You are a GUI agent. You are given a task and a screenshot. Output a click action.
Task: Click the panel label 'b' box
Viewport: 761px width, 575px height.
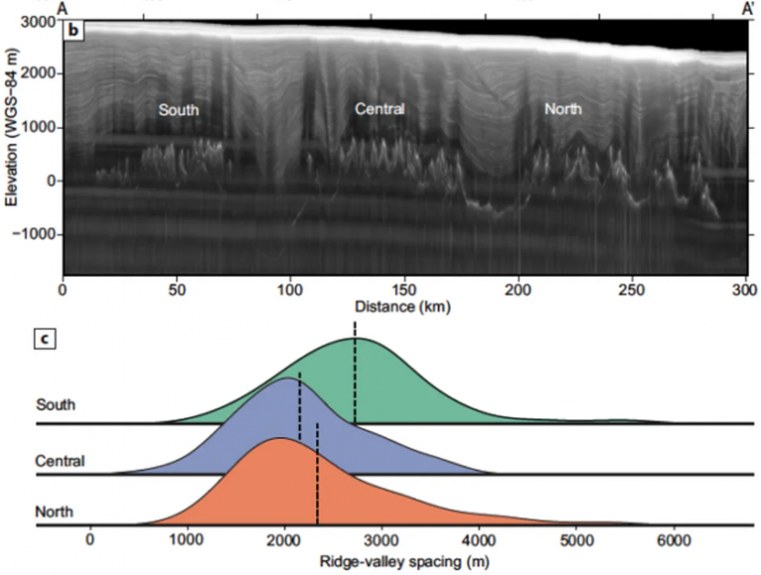click(x=72, y=30)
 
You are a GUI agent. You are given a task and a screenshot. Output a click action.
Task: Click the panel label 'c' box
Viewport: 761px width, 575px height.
click(x=45, y=339)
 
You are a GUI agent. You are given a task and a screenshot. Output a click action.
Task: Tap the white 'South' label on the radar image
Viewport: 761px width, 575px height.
click(x=178, y=110)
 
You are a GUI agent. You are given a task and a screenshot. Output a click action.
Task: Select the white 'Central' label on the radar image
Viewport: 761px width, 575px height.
click(x=380, y=108)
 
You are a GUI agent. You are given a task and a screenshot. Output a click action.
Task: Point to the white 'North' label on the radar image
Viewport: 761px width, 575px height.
click(x=563, y=108)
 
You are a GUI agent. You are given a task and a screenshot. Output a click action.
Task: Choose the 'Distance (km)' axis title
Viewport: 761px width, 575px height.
click(x=404, y=307)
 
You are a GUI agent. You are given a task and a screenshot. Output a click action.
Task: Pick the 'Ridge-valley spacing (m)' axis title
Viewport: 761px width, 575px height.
click(x=390, y=560)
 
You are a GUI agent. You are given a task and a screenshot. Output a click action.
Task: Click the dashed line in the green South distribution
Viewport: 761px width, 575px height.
click(x=354, y=377)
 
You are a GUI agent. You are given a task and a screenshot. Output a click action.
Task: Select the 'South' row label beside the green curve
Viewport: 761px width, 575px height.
click(x=54, y=404)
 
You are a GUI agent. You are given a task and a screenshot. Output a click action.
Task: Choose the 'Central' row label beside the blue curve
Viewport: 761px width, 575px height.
click(x=59, y=461)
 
